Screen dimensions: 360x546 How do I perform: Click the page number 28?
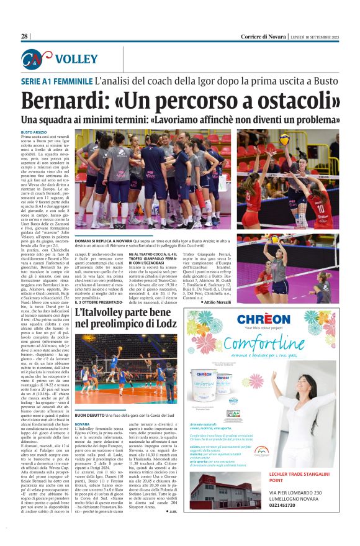[24, 37]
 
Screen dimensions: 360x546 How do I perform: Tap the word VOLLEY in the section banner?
[76, 59]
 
